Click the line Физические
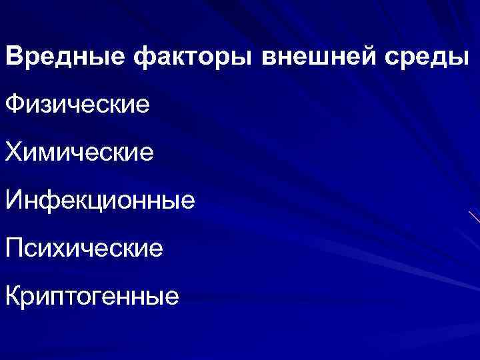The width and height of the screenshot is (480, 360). pos(78,105)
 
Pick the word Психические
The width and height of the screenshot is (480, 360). pos(84,248)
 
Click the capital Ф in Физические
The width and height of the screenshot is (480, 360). pos(15,105)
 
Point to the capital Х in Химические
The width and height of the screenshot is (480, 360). pos(14,152)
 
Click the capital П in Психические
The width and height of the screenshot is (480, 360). pos(15,248)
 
